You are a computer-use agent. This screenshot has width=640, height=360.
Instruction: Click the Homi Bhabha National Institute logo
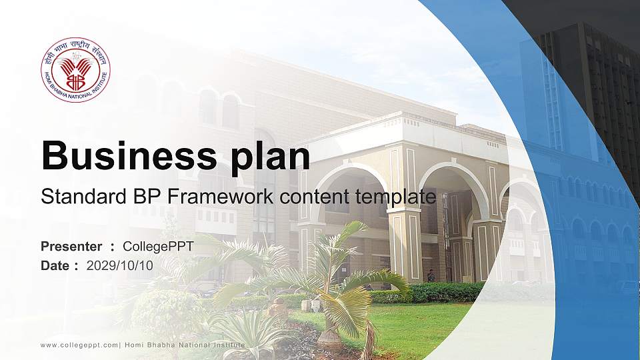click(75, 70)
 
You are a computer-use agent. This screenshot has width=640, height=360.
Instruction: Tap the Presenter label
click(71, 247)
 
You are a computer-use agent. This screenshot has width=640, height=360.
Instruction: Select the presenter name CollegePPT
click(158, 247)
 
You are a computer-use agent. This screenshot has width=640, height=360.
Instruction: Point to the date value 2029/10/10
click(120, 265)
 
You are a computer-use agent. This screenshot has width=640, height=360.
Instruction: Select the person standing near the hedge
click(431, 275)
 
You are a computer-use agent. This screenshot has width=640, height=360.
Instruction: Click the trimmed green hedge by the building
click(440, 292)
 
